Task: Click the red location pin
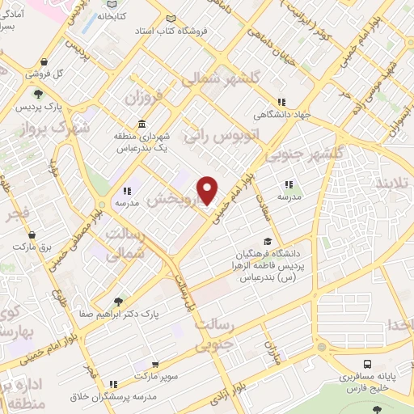(208, 189)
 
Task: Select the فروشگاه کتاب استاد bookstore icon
(170, 19)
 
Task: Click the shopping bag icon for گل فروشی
(43, 61)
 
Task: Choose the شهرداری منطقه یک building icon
(142, 124)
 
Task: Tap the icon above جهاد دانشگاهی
(281, 102)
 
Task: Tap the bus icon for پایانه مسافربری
(367, 365)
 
